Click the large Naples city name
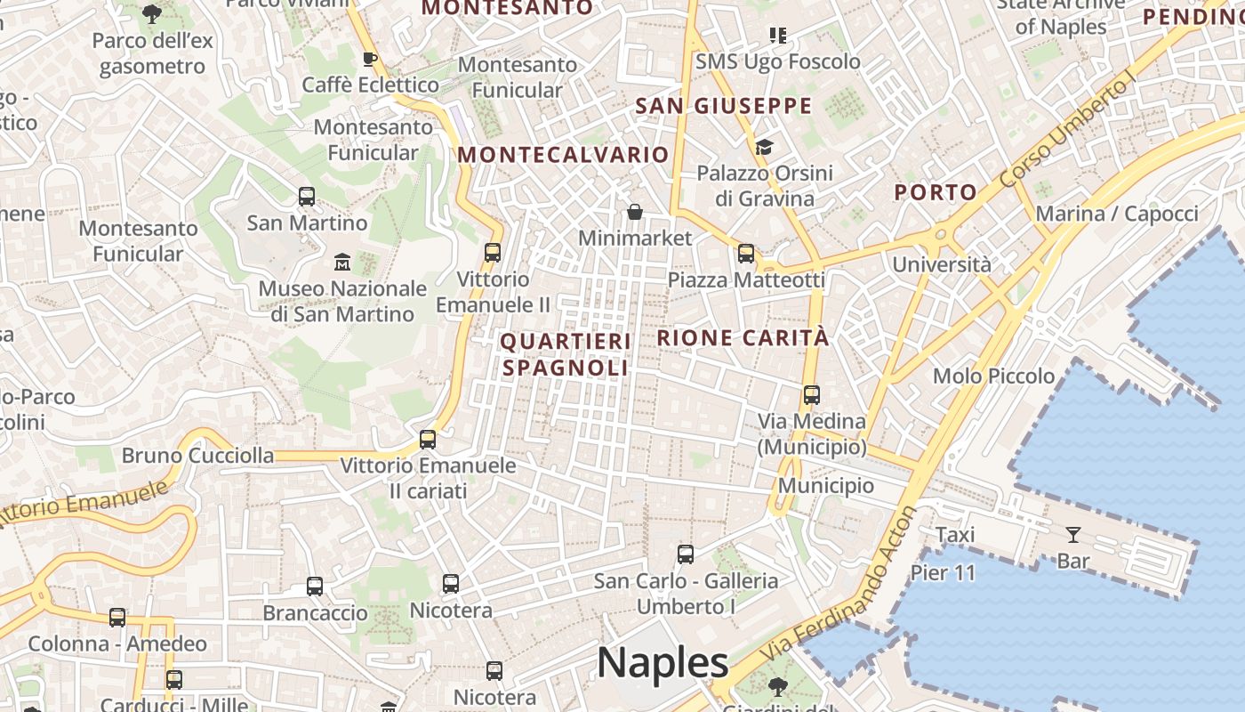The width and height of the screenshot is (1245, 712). pos(663,663)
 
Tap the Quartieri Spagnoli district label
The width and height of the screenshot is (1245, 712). pos(566,354)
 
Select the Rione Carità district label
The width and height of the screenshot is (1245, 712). pos(743,338)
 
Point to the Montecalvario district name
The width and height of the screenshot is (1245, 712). pos(563,155)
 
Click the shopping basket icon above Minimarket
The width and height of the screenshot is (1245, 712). pos(635,212)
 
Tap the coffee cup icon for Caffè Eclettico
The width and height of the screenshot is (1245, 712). pos(370,59)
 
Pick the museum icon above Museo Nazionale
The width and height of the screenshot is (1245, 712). pos(342,263)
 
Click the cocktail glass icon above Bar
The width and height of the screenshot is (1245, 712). pos(1073,535)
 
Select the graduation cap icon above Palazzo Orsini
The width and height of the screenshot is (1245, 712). pos(764,147)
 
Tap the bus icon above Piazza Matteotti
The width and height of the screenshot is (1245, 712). pos(746,254)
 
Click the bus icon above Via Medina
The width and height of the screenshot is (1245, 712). pos(811,395)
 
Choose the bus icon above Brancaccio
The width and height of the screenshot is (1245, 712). pos(315,587)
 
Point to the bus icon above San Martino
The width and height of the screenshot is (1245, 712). pos(307,197)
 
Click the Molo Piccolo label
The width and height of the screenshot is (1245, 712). pos(993,376)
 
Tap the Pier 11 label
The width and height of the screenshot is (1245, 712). pos(943,572)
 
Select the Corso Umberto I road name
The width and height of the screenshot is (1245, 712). pos(1068,130)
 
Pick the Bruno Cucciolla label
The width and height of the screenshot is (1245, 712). pos(197,456)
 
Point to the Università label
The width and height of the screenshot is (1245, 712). pos(941,264)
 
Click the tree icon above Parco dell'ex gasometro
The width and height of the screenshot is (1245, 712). pos(152,13)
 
